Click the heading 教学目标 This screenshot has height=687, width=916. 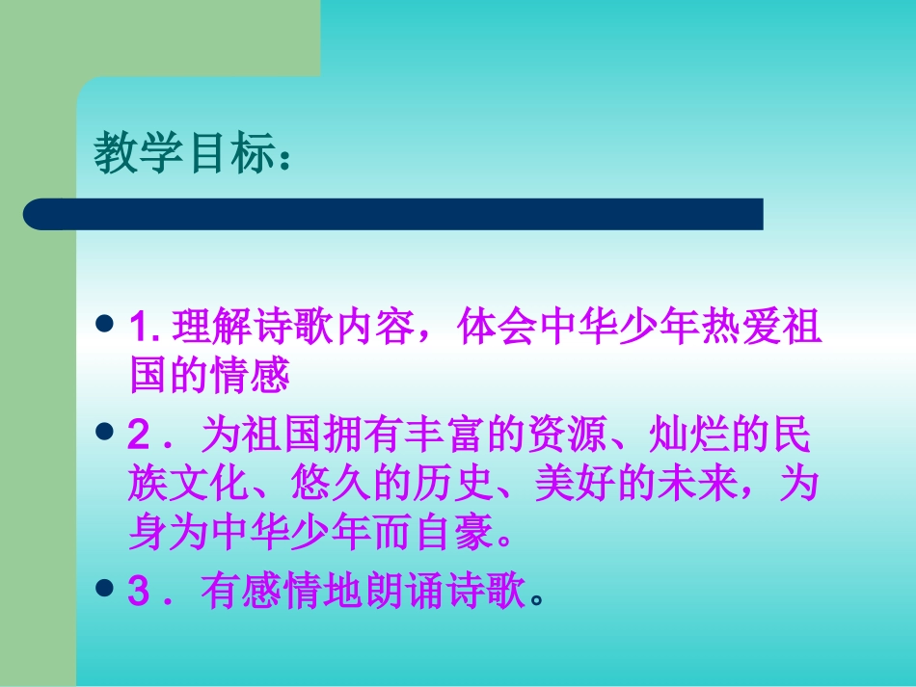click(x=183, y=155)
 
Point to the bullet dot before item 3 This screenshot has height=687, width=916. click(x=107, y=589)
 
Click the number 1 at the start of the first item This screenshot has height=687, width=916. click(x=136, y=330)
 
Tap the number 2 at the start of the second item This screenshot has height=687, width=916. click(x=137, y=438)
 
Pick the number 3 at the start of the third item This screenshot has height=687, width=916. click(x=137, y=595)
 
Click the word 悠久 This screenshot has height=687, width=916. click(x=332, y=486)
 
